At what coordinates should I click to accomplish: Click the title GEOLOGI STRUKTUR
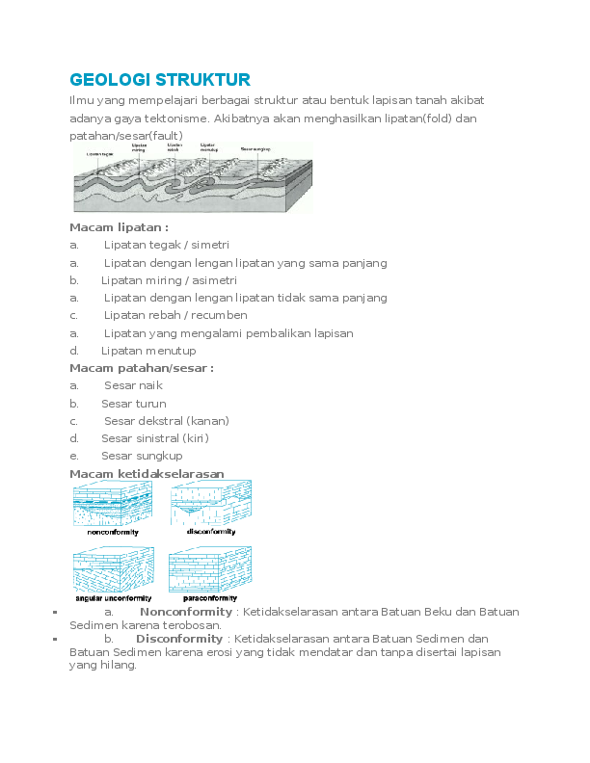[x=160, y=79]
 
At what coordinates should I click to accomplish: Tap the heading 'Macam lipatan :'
[x=119, y=227]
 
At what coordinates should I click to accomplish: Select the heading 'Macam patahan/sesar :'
[x=141, y=368]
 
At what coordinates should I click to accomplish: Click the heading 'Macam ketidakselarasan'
[x=147, y=474]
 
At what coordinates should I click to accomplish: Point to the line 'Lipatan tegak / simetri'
[x=166, y=246]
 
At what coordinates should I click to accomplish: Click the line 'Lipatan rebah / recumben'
[x=174, y=315]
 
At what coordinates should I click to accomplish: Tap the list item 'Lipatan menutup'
[x=148, y=351]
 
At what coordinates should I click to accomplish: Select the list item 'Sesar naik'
[x=133, y=385]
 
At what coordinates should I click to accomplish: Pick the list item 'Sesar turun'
[x=133, y=404]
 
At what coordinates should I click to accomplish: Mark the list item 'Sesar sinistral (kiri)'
[x=154, y=438]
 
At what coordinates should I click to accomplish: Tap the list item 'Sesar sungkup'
[x=141, y=456]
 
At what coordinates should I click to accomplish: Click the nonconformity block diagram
[x=112, y=503]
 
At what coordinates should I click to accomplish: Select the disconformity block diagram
[x=210, y=503]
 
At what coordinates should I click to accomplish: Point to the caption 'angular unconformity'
[x=113, y=598]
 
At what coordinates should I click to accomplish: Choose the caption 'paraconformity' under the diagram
[x=209, y=598]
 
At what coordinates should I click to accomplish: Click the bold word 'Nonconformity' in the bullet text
[x=186, y=612]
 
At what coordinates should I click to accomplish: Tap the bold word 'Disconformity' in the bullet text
[x=179, y=639]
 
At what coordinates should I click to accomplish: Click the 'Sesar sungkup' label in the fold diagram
[x=255, y=149]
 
